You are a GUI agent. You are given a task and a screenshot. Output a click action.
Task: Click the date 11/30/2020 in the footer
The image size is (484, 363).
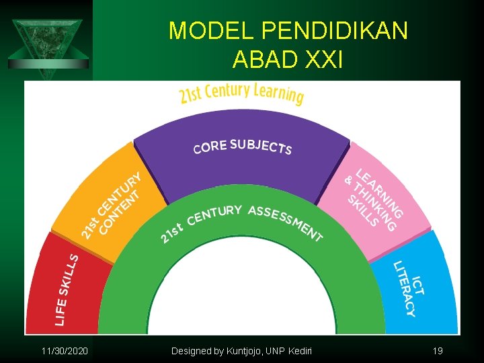pyautogui.click(x=64, y=351)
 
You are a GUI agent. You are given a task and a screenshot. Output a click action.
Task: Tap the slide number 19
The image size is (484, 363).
pyautogui.click(x=438, y=351)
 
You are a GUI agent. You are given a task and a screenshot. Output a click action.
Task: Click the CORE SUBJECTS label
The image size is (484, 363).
pyautogui.click(x=242, y=146)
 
